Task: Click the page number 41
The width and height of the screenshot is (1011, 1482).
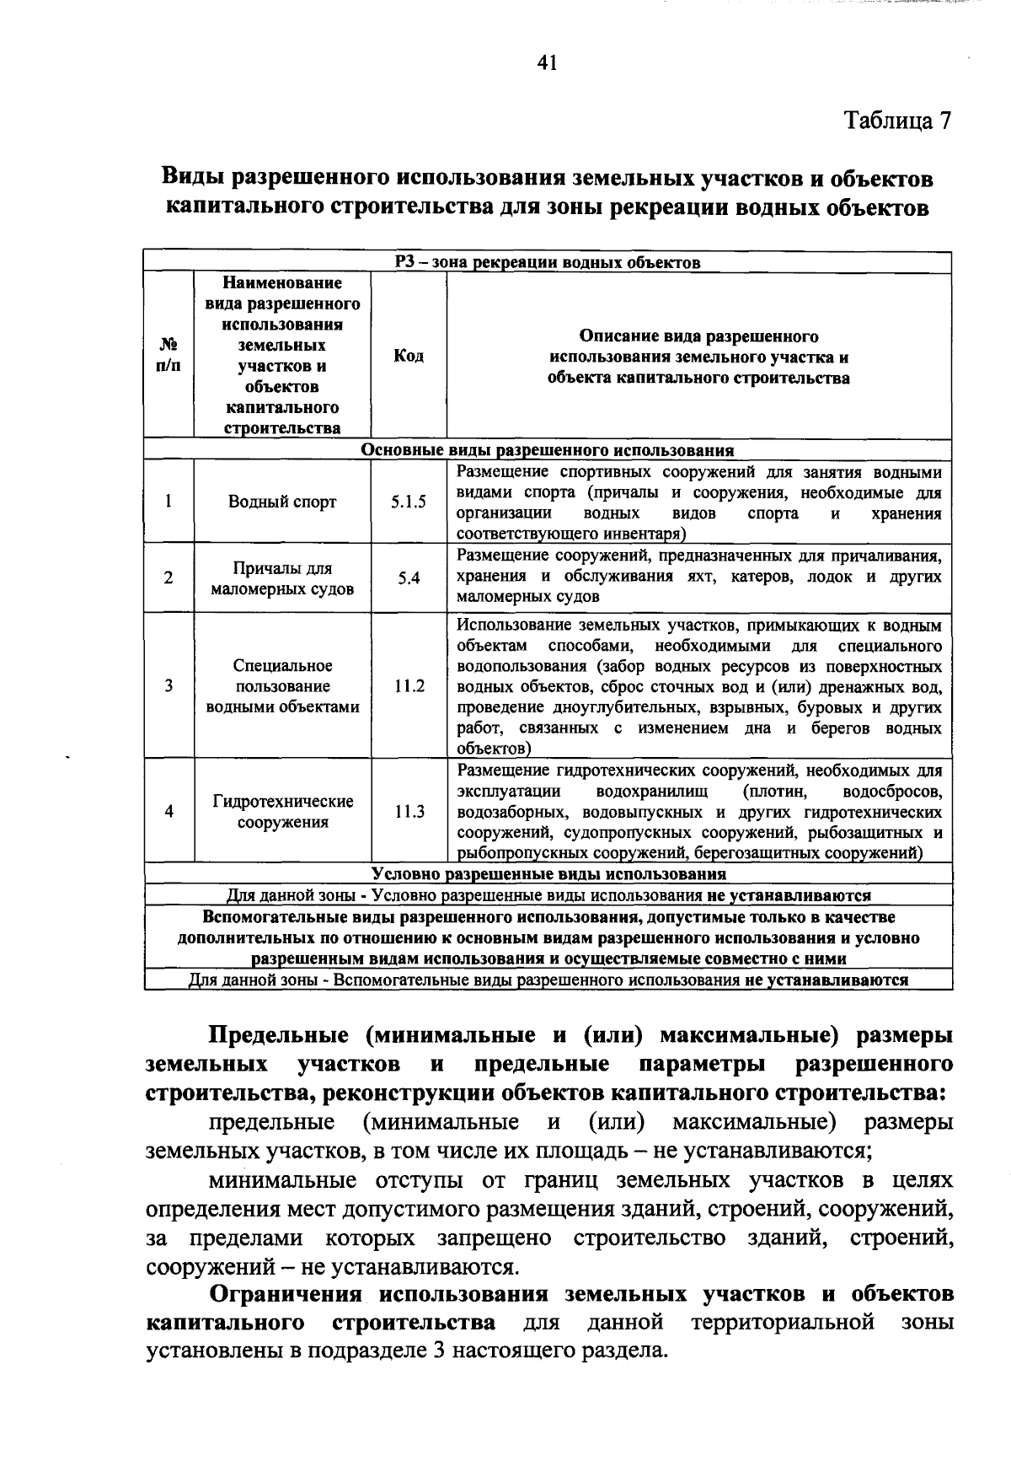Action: [x=547, y=62]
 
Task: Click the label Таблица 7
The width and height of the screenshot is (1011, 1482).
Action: [x=898, y=121]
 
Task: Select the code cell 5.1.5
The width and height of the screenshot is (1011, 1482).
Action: [x=408, y=502]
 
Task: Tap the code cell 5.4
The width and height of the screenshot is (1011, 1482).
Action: [x=409, y=578]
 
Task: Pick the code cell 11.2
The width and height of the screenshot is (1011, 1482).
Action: [x=409, y=686]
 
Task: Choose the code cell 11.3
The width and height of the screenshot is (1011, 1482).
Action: [x=409, y=812]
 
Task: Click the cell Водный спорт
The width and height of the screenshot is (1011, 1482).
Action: [x=282, y=502]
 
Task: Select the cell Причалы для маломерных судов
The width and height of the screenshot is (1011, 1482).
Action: [x=282, y=579]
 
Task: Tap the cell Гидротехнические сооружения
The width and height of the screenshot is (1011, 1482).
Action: [x=282, y=812]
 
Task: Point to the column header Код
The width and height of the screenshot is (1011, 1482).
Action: [x=409, y=356]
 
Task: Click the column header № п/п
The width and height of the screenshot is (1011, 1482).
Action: [x=168, y=356]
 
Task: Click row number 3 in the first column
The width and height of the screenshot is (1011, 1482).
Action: [x=168, y=686]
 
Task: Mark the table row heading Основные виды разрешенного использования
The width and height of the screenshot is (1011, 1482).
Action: [x=547, y=450]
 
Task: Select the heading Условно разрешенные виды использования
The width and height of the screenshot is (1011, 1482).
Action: [x=548, y=873]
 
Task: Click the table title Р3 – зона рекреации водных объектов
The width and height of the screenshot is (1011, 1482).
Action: [x=548, y=262]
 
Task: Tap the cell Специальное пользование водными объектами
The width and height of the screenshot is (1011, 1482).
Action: [x=282, y=686]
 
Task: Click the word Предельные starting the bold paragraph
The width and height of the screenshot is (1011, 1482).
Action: [x=273, y=1034]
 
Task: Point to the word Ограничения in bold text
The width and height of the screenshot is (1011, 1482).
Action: [x=286, y=1294]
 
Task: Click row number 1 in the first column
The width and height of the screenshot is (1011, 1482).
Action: [x=168, y=502]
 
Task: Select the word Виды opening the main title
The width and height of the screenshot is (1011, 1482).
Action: [x=192, y=179]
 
